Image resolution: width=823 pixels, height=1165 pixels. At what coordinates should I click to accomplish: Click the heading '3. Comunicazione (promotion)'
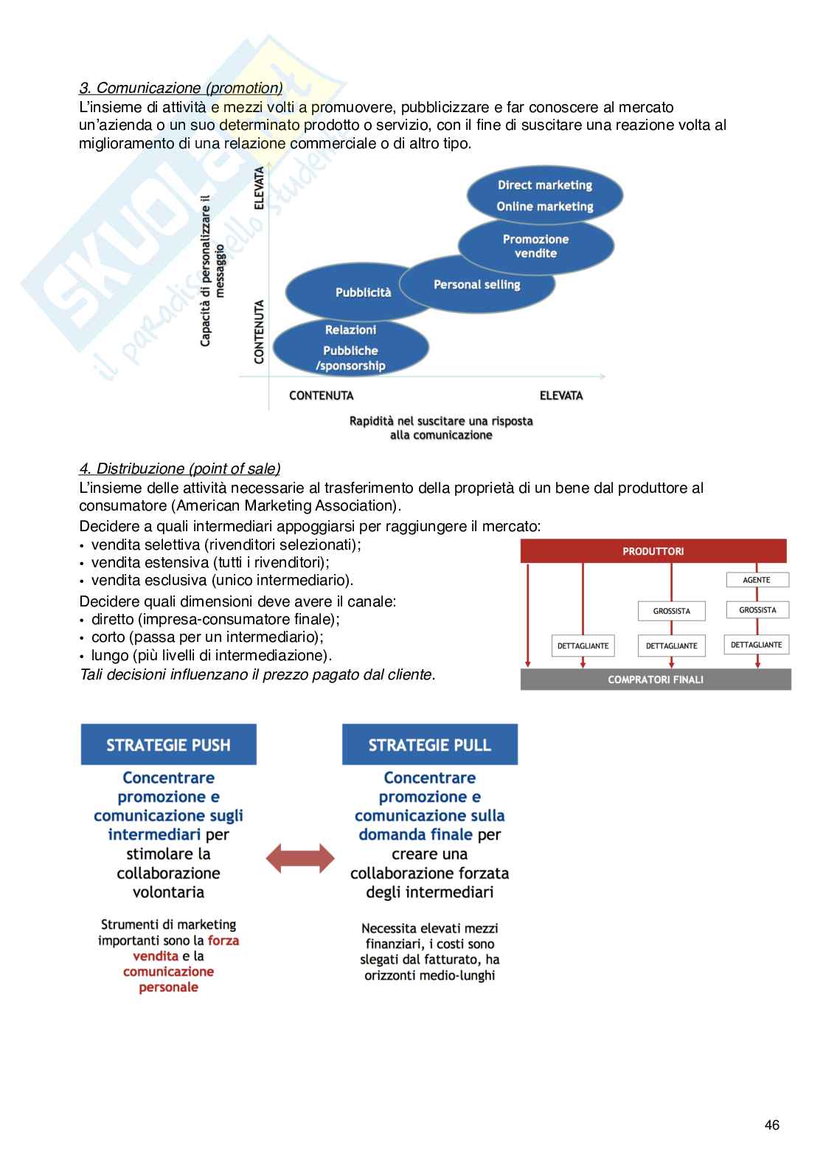coord(181,89)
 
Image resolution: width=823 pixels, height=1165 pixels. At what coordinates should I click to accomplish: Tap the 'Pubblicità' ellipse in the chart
coord(363,292)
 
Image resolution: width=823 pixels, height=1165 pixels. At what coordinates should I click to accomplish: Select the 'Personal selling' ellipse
coord(477,284)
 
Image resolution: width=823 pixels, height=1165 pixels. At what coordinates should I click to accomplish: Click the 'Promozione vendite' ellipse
coord(535,246)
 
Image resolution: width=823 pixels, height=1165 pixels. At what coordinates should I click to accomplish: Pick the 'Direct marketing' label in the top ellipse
coord(545,185)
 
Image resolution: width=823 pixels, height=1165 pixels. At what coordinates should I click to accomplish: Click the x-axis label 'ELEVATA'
coord(561,395)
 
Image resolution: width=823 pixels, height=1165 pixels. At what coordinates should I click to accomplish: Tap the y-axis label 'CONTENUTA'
coord(260,331)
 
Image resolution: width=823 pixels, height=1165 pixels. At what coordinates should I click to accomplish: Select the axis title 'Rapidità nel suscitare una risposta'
coord(441,421)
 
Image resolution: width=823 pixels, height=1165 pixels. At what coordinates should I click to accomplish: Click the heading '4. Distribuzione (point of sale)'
coord(180,469)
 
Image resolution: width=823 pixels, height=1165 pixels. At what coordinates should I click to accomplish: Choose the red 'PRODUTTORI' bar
coord(653,551)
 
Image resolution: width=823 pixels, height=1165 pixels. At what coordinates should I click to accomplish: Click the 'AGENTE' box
coord(757,580)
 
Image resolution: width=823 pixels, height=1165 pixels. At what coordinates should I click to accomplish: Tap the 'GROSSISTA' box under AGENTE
coord(757,610)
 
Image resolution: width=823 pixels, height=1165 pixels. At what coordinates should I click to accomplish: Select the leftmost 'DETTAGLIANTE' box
coord(583,646)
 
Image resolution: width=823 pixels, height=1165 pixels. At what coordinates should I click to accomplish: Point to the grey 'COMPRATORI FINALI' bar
coord(656,680)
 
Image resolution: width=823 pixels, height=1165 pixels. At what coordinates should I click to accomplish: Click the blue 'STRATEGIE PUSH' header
coord(168,744)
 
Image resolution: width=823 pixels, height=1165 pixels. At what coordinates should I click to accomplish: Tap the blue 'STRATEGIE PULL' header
coord(430,744)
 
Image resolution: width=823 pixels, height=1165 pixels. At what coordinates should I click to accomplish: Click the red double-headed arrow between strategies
coord(299,859)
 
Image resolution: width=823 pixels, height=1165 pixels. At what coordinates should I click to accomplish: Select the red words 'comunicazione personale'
coord(168,979)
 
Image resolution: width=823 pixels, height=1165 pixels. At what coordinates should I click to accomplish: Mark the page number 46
coord(772,1124)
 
